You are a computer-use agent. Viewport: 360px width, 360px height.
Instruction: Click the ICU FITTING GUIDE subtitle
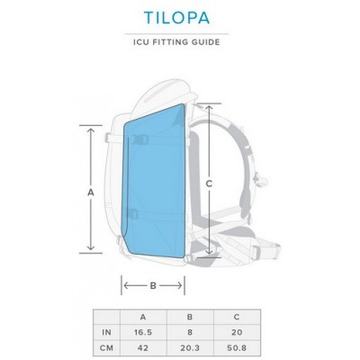[x=179, y=41]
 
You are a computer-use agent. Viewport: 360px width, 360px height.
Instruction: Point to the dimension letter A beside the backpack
[x=91, y=192]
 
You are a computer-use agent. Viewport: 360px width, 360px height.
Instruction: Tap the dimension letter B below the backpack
[x=153, y=286]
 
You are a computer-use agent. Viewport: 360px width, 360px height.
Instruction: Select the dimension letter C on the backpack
[x=210, y=184]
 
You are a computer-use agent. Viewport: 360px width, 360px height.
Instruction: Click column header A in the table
[x=143, y=316]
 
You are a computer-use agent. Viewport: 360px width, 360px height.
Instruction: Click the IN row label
[x=106, y=331]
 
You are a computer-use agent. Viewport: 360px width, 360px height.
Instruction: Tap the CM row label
[x=106, y=347]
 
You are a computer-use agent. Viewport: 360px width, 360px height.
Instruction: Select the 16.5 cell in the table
[x=143, y=331]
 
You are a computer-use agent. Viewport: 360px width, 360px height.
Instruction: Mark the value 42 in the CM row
[x=143, y=347]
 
